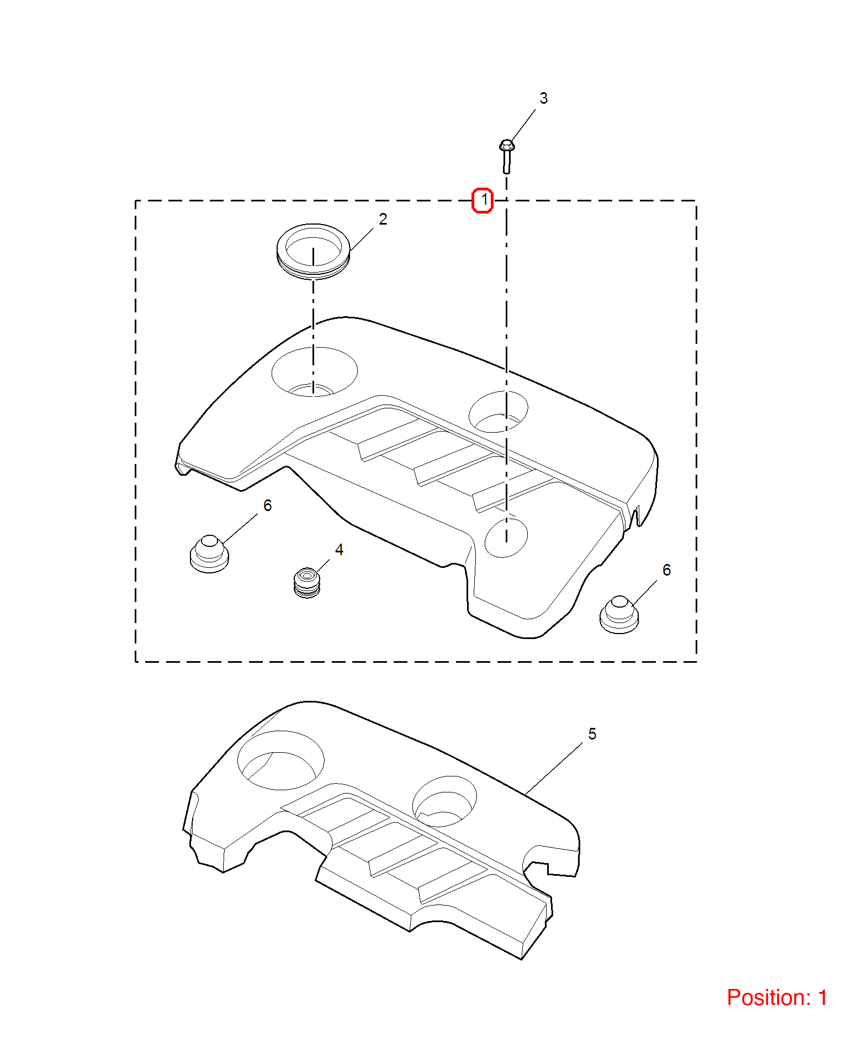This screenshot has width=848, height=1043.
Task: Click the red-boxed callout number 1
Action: (483, 200)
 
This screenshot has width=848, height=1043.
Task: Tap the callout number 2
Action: (383, 219)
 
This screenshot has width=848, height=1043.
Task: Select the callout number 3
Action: (544, 98)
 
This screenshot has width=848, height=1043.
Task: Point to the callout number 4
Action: (339, 550)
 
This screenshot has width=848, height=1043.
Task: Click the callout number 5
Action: (592, 734)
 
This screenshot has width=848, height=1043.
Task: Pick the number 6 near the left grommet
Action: (268, 505)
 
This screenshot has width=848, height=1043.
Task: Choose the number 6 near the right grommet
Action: (667, 570)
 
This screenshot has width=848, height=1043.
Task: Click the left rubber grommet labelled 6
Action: (209, 554)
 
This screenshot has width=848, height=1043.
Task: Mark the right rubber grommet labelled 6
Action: (619, 615)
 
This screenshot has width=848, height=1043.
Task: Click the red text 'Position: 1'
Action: (777, 998)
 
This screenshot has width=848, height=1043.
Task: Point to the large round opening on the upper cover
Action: (315, 371)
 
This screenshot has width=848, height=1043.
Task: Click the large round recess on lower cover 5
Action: (281, 760)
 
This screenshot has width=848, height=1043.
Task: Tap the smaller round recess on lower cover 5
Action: (444, 801)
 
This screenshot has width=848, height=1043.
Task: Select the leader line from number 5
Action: (554, 769)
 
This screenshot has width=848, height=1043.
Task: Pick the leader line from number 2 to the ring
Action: (362, 240)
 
